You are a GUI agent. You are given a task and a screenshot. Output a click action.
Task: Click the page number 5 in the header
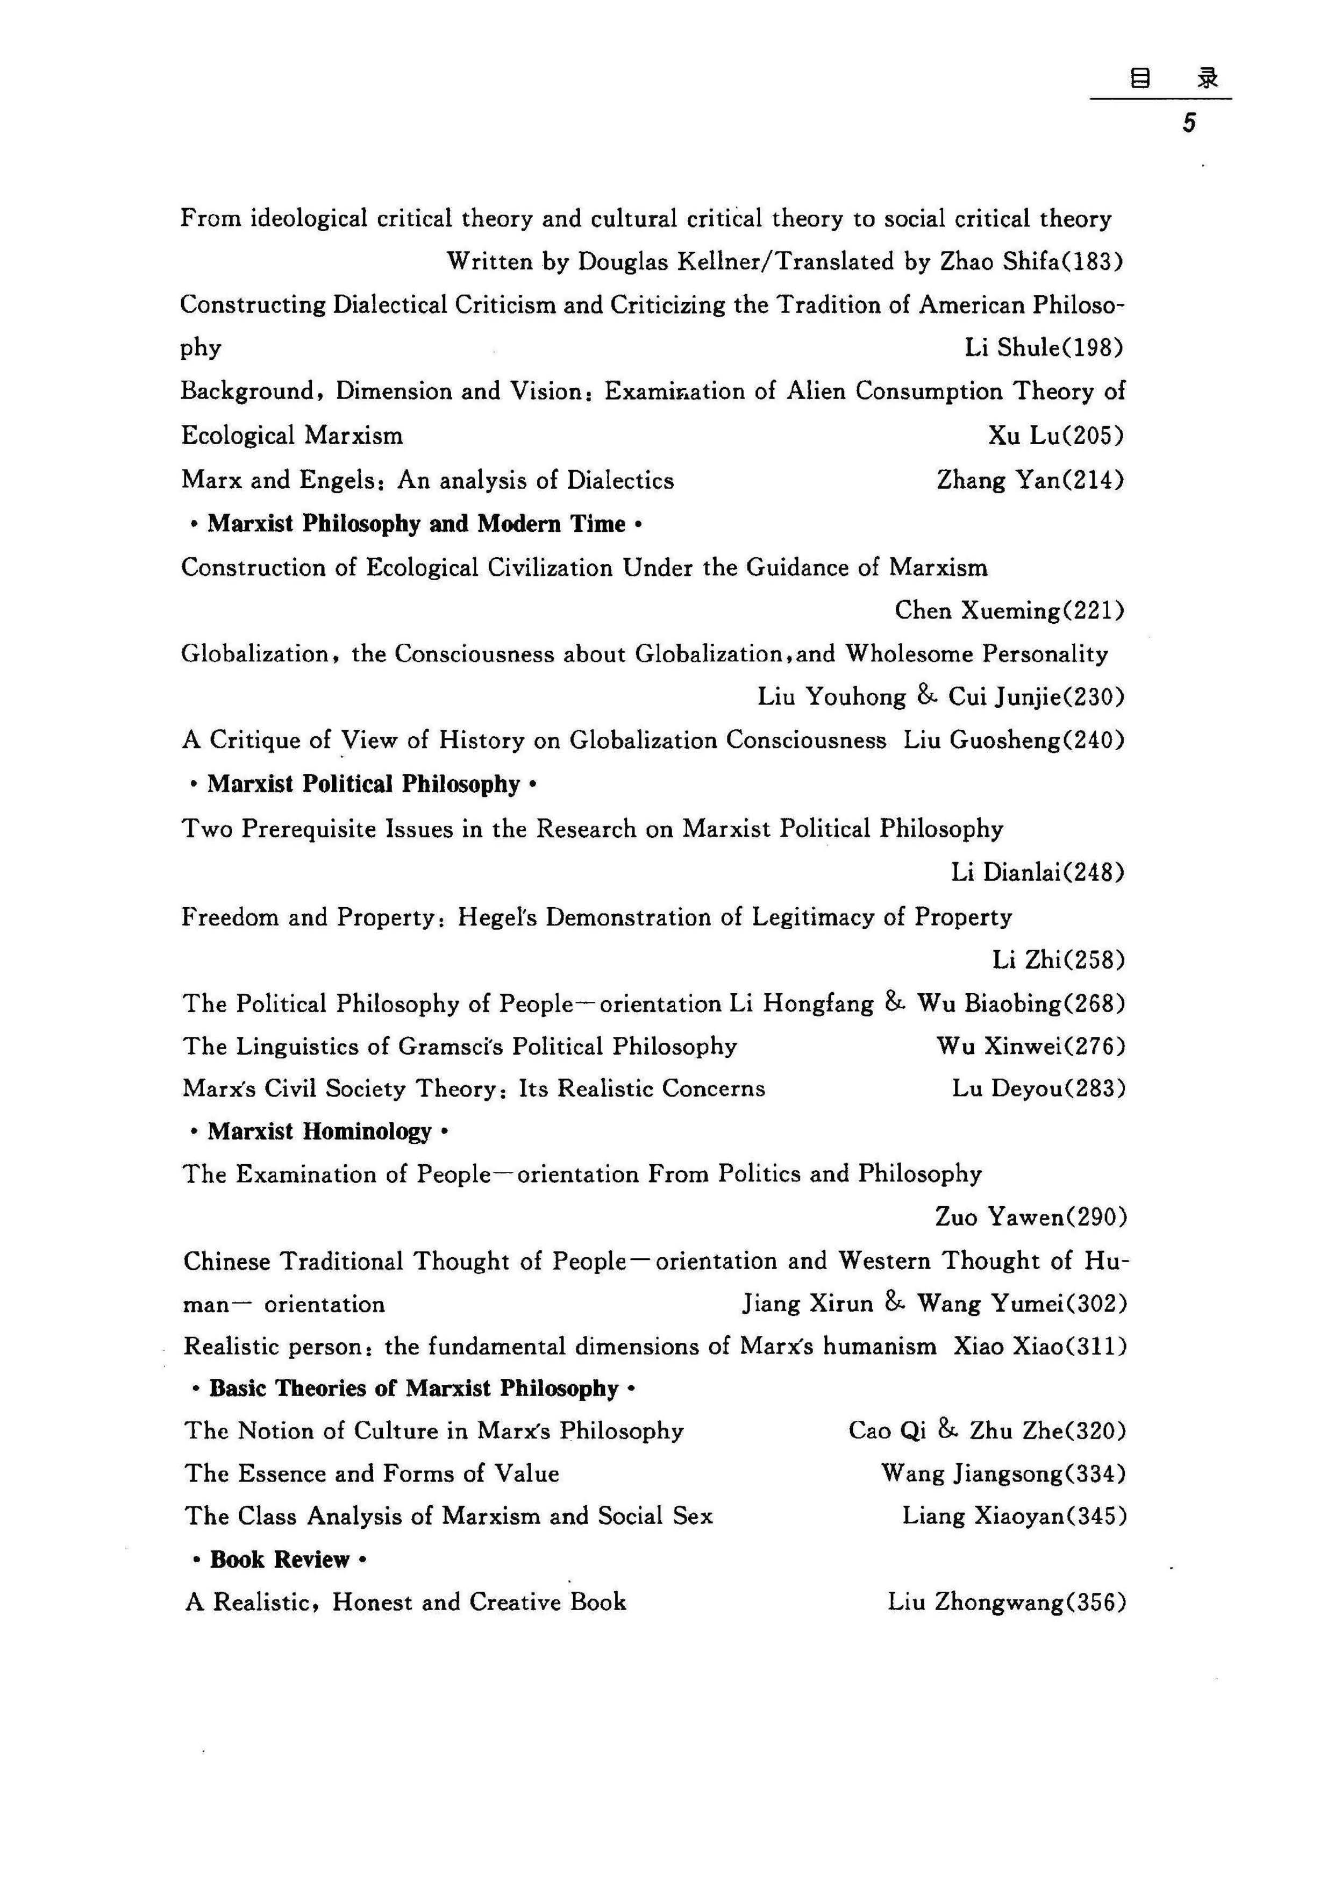pyautogui.click(x=1188, y=124)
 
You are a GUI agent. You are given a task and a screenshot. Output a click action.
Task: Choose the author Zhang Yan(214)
pyautogui.click(x=1030, y=480)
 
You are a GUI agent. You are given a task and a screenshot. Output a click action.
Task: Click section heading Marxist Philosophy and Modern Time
pyautogui.click(x=416, y=524)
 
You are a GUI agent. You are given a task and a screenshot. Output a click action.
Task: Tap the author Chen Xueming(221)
pyautogui.click(x=1009, y=611)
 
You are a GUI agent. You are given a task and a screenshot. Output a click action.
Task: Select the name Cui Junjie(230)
pyautogui.click(x=1036, y=697)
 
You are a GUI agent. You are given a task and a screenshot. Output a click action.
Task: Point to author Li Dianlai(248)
pyautogui.click(x=1037, y=872)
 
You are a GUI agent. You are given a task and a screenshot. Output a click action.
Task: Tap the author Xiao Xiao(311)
pyautogui.click(x=1040, y=1346)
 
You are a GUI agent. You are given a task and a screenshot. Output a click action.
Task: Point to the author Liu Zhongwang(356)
pyautogui.click(x=1006, y=1602)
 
